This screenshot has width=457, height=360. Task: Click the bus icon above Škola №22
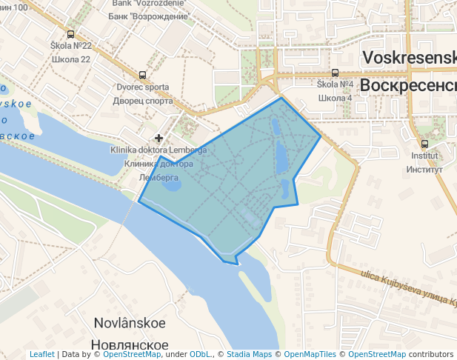click(x=70, y=34)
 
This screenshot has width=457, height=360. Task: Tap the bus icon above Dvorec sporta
click(x=142, y=75)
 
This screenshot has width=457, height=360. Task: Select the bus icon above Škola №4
click(x=335, y=73)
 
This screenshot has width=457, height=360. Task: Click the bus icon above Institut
click(x=424, y=144)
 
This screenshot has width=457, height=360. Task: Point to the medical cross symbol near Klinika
click(x=159, y=138)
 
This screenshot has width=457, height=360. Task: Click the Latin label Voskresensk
click(x=408, y=59)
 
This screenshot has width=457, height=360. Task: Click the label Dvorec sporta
click(x=142, y=87)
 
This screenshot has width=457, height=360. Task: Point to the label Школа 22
click(x=70, y=59)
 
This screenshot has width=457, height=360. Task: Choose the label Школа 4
click(x=335, y=98)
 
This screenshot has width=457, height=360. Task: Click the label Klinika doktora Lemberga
click(x=159, y=150)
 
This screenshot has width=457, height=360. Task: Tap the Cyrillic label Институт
click(x=424, y=170)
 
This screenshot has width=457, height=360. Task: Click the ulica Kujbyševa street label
click(x=393, y=282)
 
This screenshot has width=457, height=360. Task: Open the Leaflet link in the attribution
click(x=41, y=355)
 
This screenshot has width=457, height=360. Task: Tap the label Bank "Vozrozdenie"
click(x=149, y=3)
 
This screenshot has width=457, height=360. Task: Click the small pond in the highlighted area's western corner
click(x=171, y=181)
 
